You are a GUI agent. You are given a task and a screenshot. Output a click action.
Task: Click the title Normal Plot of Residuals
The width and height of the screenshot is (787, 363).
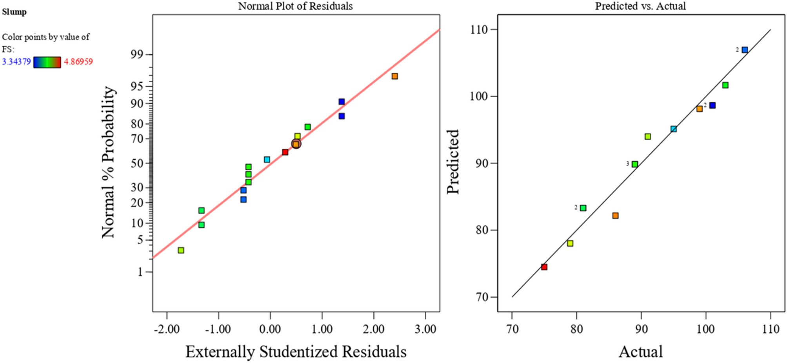(295, 6)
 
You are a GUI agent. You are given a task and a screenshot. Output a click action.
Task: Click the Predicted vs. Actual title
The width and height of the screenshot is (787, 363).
(640, 6)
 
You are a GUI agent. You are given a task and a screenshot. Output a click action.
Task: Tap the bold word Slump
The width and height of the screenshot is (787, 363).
(14, 12)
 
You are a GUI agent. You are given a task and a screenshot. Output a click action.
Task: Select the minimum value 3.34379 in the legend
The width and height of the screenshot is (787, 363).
(16, 62)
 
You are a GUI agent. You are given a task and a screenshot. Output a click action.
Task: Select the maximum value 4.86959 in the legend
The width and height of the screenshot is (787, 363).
(78, 62)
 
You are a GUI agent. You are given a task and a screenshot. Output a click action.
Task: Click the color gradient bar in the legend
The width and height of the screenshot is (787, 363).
(47, 62)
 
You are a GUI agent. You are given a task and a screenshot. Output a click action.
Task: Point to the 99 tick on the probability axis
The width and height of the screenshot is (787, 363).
(137, 54)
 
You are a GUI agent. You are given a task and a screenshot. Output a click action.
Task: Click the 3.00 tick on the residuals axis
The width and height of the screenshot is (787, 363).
(425, 329)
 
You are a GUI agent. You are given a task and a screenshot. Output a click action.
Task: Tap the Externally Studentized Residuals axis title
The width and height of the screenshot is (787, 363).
(296, 352)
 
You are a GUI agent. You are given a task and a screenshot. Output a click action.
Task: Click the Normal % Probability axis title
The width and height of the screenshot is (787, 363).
(109, 162)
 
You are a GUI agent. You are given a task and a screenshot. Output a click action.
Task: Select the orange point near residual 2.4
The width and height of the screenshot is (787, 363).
(394, 76)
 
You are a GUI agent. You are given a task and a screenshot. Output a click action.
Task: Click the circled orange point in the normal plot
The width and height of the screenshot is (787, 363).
(296, 144)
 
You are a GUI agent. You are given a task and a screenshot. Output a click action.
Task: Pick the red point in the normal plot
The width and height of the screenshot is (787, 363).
(285, 152)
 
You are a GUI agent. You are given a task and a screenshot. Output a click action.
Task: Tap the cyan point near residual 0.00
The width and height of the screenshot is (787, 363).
(267, 160)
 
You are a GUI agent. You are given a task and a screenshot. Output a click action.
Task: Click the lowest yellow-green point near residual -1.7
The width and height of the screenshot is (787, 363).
(181, 250)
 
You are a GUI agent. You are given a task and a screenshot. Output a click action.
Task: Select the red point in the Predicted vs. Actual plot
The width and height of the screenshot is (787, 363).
(544, 267)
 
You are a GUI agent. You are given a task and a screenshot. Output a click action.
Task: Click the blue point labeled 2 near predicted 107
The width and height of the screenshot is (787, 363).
(744, 50)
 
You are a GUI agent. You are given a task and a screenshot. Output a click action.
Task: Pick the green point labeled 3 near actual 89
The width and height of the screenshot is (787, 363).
(634, 164)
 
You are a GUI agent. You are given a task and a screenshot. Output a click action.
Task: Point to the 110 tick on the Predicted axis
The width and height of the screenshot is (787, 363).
(479, 30)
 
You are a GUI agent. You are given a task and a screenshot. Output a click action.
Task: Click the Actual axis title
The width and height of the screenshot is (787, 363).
(640, 352)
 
